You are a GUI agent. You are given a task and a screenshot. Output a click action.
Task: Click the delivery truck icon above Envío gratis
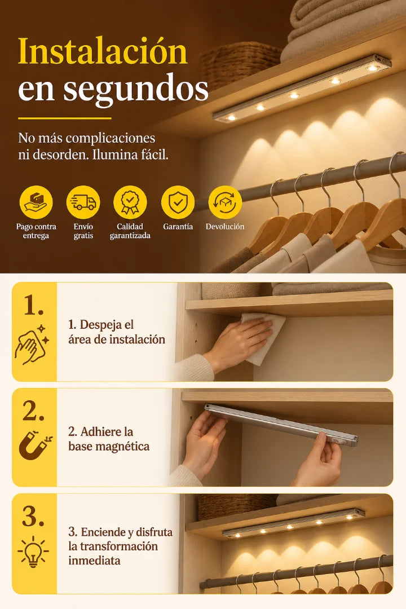[83, 202]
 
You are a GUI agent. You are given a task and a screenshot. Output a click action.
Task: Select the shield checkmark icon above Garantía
[178, 202]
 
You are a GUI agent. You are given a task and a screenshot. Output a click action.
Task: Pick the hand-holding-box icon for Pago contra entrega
[36, 202]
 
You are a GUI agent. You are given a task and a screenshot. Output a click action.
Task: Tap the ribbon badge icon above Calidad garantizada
[130, 202]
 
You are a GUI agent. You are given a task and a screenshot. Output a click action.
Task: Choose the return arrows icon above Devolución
[225, 202]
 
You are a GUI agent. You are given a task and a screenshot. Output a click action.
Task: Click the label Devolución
[225, 227]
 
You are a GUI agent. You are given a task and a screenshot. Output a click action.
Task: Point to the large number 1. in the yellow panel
[33, 305]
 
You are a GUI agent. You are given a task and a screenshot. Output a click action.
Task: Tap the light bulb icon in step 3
[33, 551]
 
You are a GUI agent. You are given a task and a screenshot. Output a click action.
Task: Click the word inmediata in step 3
[94, 561]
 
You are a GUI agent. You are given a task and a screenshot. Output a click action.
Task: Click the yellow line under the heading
[65, 118]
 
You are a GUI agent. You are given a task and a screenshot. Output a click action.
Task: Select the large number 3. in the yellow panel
[33, 517]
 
